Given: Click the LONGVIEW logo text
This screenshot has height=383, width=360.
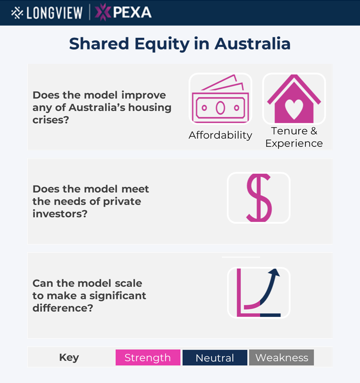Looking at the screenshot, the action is [54, 13].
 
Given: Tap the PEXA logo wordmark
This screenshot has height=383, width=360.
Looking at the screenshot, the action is [132, 12].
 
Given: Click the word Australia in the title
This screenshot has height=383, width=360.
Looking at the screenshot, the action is [253, 44].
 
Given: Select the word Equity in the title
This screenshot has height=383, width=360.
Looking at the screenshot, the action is [162, 44].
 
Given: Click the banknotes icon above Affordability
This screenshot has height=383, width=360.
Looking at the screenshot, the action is [220, 99].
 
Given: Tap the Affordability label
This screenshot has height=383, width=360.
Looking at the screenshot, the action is [220, 135].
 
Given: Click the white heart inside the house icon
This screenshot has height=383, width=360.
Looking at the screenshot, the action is [294, 109].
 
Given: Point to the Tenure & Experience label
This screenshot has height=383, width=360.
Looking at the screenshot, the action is [294, 137].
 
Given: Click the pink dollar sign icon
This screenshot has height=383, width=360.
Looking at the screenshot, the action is [259, 198].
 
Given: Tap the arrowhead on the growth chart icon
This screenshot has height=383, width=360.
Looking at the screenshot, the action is [275, 272].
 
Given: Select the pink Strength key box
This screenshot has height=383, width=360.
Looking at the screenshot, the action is [148, 358].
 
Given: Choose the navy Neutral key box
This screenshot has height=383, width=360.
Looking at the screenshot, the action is [215, 358].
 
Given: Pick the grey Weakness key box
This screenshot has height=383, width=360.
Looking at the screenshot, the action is [281, 358].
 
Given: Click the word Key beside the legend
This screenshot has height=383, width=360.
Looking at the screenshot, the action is [69, 358].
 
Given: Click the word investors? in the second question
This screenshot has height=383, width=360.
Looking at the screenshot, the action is [60, 214].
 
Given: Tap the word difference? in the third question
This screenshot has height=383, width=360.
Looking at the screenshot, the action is [63, 308].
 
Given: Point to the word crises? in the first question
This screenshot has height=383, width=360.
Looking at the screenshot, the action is [51, 120].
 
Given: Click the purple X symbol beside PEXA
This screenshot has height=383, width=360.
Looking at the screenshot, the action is [102, 12].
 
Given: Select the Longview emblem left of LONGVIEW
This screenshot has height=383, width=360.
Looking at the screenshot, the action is [17, 13].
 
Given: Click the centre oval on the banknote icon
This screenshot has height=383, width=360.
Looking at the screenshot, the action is [220, 108].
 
